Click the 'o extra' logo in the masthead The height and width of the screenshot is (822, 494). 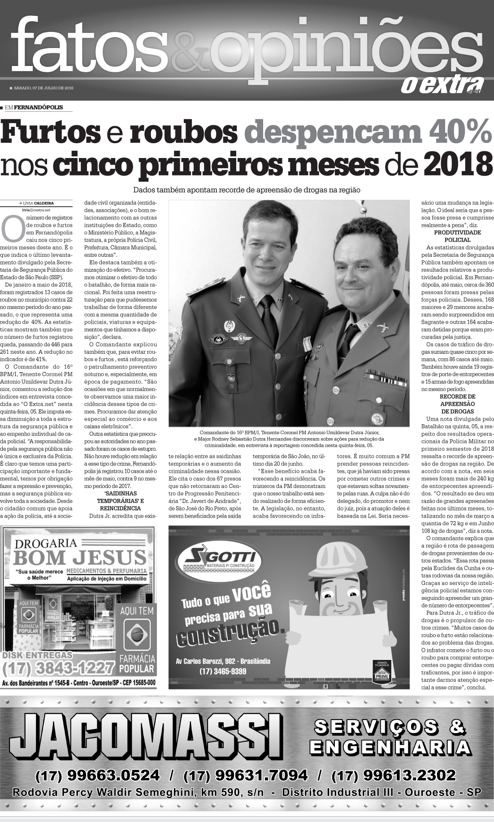pyautogui.click(x=441, y=85)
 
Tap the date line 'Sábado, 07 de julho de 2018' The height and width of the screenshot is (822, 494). pyautogui.click(x=43, y=88)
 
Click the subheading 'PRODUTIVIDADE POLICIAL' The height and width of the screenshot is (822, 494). pyautogui.click(x=457, y=236)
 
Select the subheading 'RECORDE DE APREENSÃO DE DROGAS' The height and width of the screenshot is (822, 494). pyautogui.click(x=457, y=404)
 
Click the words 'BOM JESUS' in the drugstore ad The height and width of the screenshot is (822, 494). pyautogui.click(x=79, y=557)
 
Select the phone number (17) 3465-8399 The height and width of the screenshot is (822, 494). pyautogui.click(x=223, y=672)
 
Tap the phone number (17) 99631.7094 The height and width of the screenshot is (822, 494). pyautogui.click(x=246, y=775)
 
